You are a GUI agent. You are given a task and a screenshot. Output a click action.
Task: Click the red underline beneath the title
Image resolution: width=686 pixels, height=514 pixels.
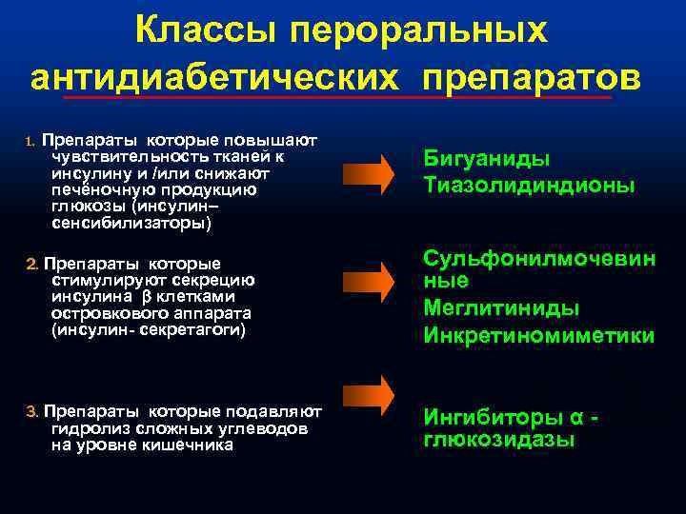click(333, 97)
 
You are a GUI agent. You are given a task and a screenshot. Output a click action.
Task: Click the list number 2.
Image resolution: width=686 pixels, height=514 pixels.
click(30, 263)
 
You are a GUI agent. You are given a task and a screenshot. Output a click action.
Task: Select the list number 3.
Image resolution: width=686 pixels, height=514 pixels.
click(30, 411)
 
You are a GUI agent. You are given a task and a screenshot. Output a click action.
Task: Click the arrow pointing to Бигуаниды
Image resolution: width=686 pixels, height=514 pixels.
click(367, 172)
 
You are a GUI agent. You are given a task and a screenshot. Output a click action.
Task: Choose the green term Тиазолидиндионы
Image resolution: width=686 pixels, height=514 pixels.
click(529, 185)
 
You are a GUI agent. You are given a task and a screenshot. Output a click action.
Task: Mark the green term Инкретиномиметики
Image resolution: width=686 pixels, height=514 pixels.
click(538, 336)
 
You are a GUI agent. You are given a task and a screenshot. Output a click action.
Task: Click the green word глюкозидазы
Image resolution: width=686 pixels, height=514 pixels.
click(498, 440)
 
